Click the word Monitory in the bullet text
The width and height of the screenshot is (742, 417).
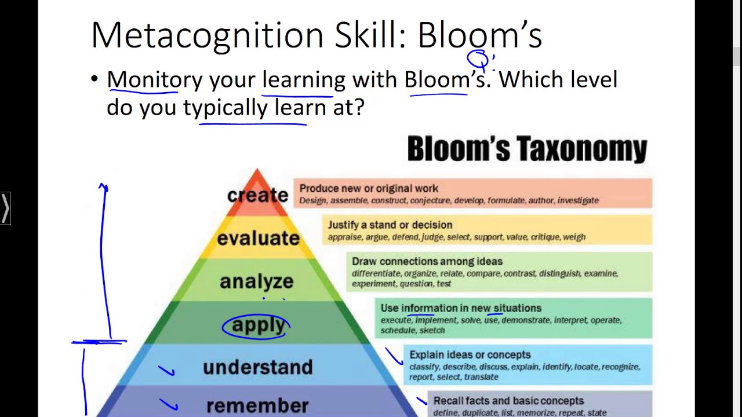click(x=155, y=79)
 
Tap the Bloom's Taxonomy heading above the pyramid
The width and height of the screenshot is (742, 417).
click(x=527, y=149)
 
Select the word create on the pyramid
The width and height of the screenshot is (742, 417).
click(x=257, y=195)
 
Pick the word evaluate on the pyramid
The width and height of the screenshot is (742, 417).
click(x=259, y=238)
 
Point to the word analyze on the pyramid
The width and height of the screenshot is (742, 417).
click(x=257, y=281)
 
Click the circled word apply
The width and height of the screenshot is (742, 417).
click(x=258, y=325)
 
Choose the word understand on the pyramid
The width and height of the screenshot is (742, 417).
click(x=257, y=367)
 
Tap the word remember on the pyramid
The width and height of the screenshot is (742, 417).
click(x=257, y=405)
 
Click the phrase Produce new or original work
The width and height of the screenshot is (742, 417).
click(x=369, y=189)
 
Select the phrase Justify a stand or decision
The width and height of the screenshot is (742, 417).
click(x=390, y=225)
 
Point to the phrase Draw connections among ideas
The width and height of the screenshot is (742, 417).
click(x=427, y=262)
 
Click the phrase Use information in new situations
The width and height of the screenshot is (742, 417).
click(x=461, y=308)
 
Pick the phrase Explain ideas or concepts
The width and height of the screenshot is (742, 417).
click(x=470, y=354)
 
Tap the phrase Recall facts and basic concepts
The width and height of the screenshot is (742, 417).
click(x=508, y=401)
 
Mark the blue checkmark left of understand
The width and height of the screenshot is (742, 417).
click(x=166, y=370)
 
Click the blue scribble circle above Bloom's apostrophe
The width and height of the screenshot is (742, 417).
click(x=478, y=59)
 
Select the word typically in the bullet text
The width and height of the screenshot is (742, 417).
click(x=225, y=107)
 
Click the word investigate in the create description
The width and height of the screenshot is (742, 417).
click(x=578, y=200)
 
